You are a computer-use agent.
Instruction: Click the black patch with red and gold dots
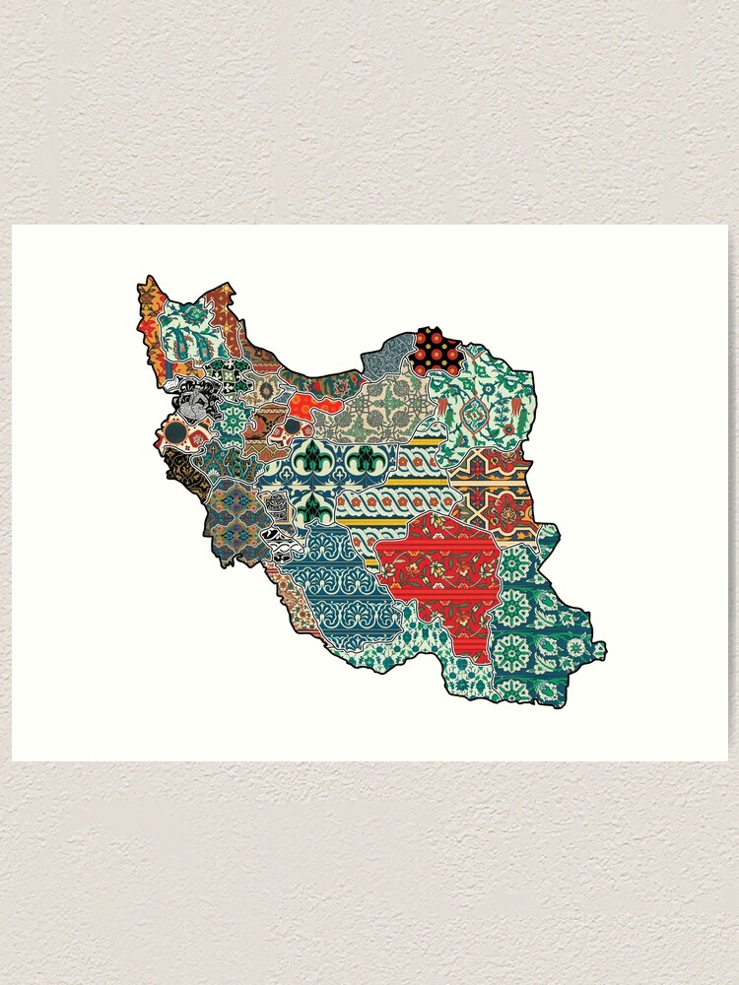coord(437,351)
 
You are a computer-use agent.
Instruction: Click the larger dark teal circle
coord(175,430)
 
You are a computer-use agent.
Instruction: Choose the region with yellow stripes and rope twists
coord(404,492)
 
